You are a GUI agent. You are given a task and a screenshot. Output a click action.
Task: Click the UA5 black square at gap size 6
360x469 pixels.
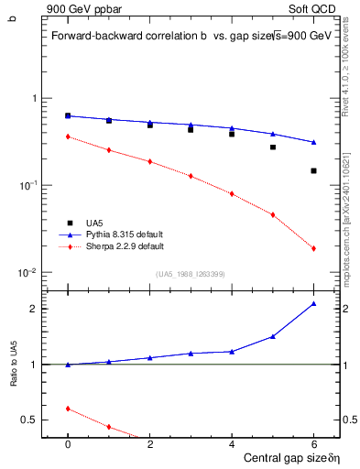(x=313, y=170)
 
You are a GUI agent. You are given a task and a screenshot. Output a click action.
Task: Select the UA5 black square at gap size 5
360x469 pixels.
(x=273, y=147)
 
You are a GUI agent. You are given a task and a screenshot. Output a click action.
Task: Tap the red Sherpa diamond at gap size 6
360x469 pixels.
(x=313, y=248)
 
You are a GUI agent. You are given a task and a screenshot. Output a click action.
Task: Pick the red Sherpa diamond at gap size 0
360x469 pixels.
(x=68, y=136)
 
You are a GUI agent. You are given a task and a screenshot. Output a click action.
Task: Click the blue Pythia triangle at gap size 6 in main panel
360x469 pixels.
(x=313, y=142)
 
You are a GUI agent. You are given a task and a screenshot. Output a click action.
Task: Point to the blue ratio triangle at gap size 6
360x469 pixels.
(x=313, y=303)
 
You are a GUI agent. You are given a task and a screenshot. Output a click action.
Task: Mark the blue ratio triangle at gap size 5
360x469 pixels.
(x=273, y=336)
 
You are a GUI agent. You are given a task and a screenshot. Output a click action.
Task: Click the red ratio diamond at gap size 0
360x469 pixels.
(x=68, y=409)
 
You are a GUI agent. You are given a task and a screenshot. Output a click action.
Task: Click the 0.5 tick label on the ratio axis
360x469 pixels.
(x=29, y=420)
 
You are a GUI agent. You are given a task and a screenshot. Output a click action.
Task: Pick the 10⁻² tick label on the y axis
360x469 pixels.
(x=28, y=273)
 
